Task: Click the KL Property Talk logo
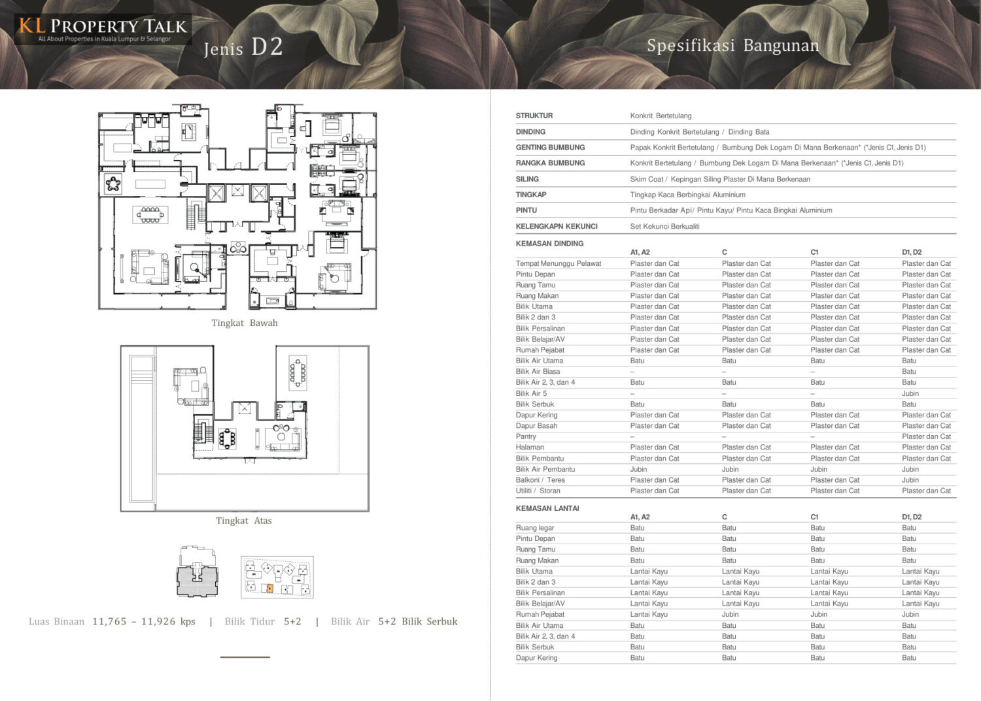(103, 29)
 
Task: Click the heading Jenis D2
(243, 47)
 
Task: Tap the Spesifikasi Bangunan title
(732, 46)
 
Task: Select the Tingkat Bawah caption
(245, 323)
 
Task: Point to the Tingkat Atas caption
(243, 521)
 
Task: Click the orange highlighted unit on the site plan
(270, 589)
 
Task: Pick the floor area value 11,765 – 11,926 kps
(144, 621)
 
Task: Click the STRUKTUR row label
(534, 116)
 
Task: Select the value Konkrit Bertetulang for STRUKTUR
(661, 116)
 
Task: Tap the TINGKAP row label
(531, 195)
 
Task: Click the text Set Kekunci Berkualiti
(664, 226)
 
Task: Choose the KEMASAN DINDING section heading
(549, 244)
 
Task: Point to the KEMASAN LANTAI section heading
(547, 508)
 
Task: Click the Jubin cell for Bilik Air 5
(910, 393)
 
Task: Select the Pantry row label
(526, 436)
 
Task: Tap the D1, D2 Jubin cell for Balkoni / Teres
(910, 480)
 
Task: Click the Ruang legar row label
(535, 528)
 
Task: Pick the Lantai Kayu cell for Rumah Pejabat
(649, 614)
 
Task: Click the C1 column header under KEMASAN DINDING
(814, 252)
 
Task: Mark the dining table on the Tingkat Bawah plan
(150, 215)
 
